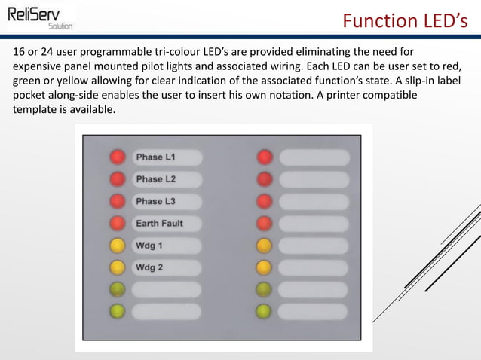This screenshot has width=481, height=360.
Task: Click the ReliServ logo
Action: [41, 16]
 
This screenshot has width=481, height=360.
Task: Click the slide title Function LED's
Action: [409, 20]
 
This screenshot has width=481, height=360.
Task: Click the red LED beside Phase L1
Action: [117, 157]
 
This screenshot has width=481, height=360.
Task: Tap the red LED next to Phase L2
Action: [117, 179]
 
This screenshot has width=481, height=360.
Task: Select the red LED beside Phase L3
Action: [117, 201]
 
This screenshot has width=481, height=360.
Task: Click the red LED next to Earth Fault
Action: [117, 224]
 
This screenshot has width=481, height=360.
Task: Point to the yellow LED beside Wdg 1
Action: [117, 246]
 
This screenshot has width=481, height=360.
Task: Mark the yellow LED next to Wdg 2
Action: [117, 267]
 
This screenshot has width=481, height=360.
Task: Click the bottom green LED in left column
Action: [117, 311]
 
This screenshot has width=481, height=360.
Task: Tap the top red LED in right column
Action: [264, 157]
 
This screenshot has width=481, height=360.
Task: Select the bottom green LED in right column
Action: [264, 311]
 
